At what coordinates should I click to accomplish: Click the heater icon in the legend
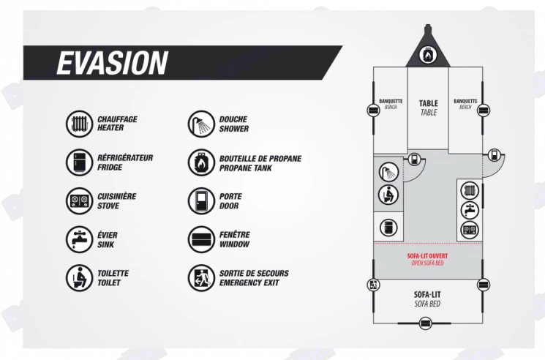[x=78, y=124]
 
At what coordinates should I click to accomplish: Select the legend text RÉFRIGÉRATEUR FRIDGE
[x=125, y=162]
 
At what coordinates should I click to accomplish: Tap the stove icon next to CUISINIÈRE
[x=78, y=200]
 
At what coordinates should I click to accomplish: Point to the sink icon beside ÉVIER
[x=78, y=239]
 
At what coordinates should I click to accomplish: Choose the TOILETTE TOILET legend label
[x=113, y=277]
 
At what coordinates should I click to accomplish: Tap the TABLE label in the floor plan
[x=428, y=108]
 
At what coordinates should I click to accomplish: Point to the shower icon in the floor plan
[x=387, y=173]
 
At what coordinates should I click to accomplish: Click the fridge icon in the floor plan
[x=387, y=226]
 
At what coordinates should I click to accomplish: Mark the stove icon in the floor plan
[x=469, y=230]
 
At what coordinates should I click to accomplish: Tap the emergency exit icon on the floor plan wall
[x=373, y=285]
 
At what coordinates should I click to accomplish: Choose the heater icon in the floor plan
[x=469, y=190]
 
